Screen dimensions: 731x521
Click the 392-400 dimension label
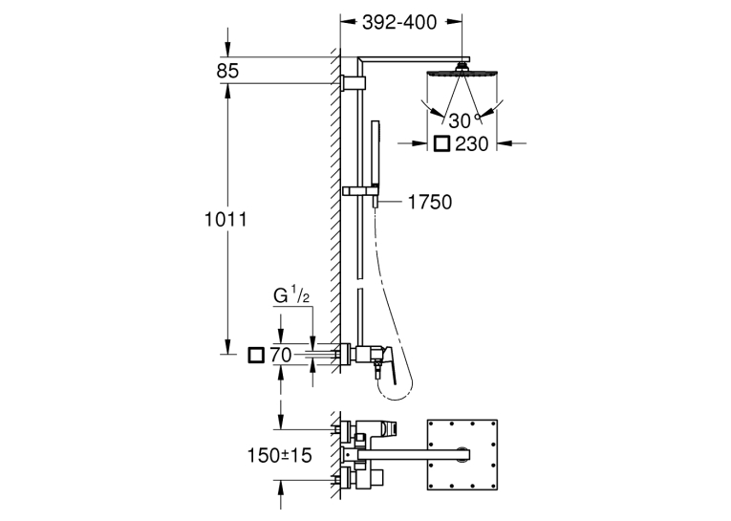coord(399,22)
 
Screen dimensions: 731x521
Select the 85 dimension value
coord(227,71)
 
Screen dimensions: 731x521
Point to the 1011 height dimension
coord(226,219)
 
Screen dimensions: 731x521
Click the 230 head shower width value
coord(471,144)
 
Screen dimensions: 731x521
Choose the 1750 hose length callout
coord(430,202)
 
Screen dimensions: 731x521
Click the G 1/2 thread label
coord(291,296)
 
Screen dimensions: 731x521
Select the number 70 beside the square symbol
coord(281,356)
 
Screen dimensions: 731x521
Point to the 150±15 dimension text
coord(280,455)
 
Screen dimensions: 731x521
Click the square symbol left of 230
coord(441,143)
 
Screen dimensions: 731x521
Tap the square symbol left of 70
coord(256,356)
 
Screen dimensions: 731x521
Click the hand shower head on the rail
coord(376,154)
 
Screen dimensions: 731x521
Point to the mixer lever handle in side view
coord(388,366)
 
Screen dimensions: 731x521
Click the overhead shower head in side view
coord(462,73)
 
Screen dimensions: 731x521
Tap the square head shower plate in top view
coord(462,455)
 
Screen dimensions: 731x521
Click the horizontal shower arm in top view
coord(413,454)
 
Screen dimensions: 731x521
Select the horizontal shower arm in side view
coord(415,59)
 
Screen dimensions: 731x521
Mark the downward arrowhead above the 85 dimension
coord(227,50)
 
